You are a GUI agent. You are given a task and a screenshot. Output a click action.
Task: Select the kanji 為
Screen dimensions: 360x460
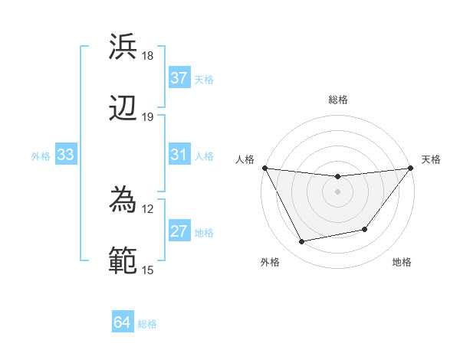123,198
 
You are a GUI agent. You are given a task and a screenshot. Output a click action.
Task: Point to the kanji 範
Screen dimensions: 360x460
123,260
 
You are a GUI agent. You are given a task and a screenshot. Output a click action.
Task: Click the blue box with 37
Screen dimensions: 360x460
179,78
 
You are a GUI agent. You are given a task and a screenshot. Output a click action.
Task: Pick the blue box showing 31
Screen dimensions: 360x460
179,155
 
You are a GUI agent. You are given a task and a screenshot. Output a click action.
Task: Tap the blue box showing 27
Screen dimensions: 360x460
179,231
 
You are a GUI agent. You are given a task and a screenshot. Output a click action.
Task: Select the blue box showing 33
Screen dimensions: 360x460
66,155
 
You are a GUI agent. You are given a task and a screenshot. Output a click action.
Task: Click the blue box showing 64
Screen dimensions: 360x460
123,323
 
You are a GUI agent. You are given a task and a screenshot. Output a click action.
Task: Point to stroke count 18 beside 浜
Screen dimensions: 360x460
147,56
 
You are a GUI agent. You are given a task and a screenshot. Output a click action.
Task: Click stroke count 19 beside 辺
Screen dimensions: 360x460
147,117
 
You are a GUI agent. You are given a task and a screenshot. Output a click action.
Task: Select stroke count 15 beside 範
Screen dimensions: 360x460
147,270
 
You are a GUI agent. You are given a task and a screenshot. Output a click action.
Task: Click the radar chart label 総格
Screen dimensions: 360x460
338,100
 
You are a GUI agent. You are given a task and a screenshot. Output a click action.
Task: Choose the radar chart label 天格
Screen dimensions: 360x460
431,159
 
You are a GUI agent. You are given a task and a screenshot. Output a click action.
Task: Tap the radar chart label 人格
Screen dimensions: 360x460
245,159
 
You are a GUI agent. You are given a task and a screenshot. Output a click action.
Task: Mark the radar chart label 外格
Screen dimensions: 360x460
270,262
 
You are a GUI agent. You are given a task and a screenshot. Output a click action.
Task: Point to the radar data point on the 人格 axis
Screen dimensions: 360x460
264,168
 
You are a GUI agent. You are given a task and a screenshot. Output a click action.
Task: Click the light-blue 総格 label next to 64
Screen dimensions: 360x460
147,324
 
